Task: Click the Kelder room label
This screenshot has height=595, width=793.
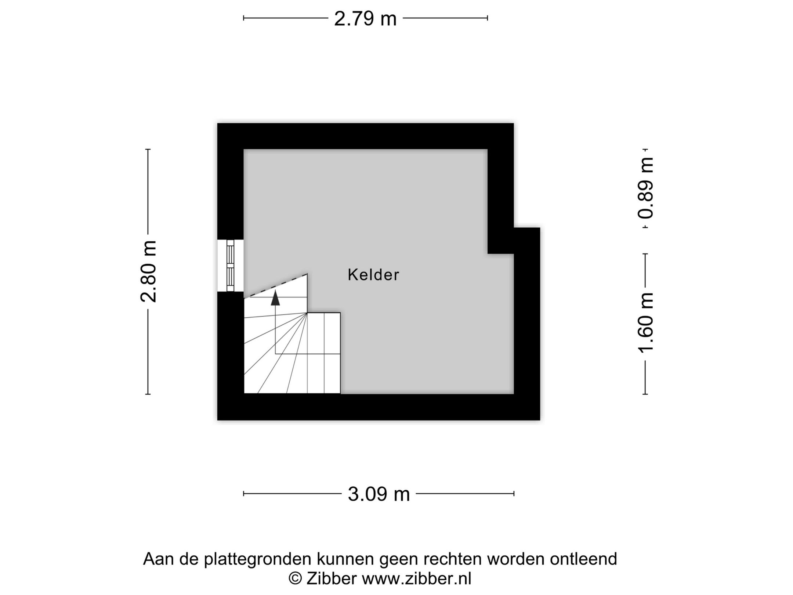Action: (373, 275)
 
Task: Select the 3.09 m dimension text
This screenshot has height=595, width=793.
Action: (379, 494)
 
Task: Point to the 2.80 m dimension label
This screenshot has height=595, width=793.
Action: (149, 271)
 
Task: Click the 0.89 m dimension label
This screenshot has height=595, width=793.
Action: (645, 187)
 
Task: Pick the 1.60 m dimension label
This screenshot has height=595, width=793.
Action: (645, 323)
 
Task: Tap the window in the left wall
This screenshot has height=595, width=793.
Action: (230, 266)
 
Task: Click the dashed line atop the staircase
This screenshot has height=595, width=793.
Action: (276, 285)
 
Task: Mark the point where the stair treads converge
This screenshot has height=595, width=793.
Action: (307, 313)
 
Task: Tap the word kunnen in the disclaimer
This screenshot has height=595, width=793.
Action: (345, 559)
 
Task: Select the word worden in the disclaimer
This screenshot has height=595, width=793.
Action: (515, 559)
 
